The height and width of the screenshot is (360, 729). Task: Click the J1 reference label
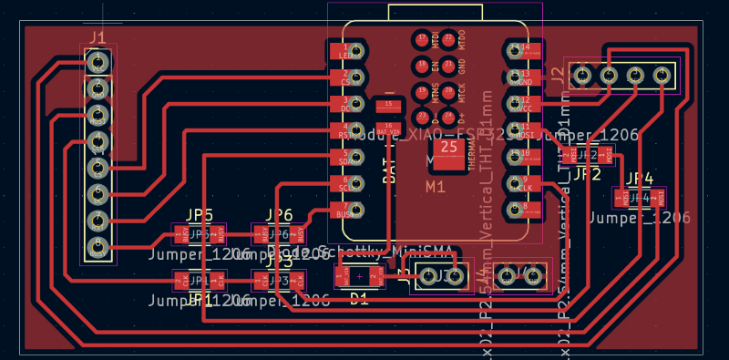(98, 38)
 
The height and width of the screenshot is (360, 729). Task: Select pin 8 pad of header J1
(98, 246)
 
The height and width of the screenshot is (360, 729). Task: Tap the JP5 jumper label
(200, 215)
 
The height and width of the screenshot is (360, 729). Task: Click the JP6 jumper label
(279, 215)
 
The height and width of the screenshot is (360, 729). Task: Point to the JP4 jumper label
(641, 178)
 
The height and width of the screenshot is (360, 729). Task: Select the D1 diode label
(360, 298)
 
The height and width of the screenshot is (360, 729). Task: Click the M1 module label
(436, 188)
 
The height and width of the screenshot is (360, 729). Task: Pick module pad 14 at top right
(519, 51)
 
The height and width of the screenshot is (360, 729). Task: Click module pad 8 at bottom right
(519, 210)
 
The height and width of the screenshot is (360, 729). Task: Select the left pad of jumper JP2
(573, 156)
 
